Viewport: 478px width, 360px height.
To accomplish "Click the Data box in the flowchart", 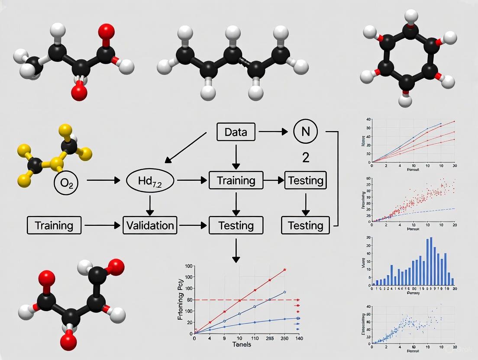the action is point(236,132).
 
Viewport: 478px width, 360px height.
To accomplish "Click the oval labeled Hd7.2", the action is point(149,180).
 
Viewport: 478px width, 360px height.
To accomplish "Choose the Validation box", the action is point(150,225).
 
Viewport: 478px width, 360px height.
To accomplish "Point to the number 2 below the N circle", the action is point(306,157).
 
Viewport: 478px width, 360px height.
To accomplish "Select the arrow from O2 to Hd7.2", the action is point(103,180).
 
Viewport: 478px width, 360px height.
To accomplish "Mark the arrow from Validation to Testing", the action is point(192,225).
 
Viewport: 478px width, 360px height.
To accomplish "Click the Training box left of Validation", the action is point(54,225).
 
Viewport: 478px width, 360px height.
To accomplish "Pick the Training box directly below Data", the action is point(236,180).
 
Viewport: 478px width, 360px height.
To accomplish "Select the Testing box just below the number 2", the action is point(305,180).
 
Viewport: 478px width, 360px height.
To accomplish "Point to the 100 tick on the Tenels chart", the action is point(187,265).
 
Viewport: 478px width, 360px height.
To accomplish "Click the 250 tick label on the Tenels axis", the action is point(284,338).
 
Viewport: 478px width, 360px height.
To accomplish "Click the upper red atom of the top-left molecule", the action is point(107,32).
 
